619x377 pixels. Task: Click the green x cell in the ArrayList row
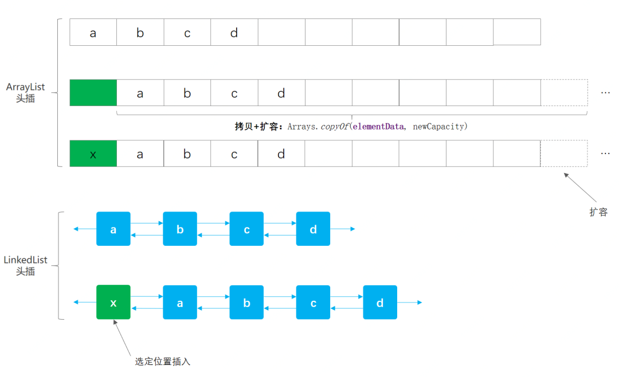[93, 154]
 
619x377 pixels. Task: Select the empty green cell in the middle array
[93, 93]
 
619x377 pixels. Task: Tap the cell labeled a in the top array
[93, 32]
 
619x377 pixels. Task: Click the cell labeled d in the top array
[234, 32]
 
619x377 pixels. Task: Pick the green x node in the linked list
[113, 302]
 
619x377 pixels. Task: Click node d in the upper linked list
[313, 229]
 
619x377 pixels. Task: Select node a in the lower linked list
[180, 302]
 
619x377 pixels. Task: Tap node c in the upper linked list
[246, 229]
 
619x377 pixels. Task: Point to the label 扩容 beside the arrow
[598, 212]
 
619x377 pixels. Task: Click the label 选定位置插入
[162, 362]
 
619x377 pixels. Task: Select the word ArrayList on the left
[25, 88]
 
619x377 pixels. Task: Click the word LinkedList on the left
[25, 260]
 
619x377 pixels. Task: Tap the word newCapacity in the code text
[438, 126]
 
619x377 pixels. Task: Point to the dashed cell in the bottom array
[564, 154]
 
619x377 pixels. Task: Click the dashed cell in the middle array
[564, 93]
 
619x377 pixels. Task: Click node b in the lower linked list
[246, 302]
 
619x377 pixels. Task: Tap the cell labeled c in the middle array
[234, 93]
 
